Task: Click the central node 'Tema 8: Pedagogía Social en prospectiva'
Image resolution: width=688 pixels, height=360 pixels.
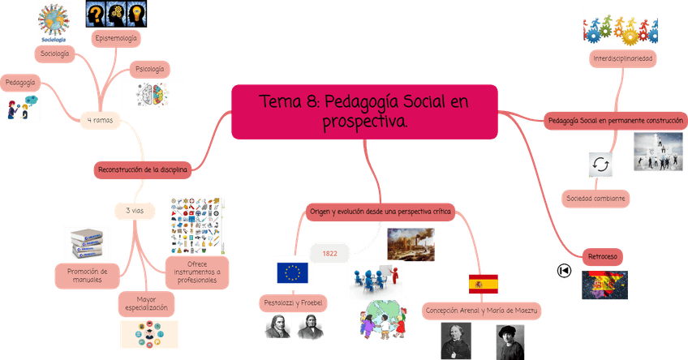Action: (364, 112)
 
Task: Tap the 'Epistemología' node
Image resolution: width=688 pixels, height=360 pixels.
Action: (116, 37)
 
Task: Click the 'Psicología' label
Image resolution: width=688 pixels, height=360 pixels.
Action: (149, 70)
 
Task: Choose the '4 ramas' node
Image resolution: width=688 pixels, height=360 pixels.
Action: (100, 120)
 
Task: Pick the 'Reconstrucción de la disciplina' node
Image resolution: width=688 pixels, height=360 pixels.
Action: (143, 169)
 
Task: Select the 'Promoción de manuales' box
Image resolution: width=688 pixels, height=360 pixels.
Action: (87, 275)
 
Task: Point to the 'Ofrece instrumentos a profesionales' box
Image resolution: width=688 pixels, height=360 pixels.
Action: (196, 270)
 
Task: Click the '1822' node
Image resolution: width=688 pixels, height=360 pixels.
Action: (329, 253)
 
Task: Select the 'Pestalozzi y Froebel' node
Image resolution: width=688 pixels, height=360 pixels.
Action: (294, 302)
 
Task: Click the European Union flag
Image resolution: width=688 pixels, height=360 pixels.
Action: (293, 273)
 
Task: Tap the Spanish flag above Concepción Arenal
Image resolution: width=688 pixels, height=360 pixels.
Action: (483, 284)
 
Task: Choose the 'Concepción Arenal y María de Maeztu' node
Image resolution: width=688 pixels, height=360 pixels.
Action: (482, 311)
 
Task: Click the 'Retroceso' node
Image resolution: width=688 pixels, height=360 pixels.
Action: (601, 256)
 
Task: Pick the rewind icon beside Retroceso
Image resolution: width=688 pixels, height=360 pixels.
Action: (563, 272)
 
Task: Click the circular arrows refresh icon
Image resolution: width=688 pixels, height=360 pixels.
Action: (601, 165)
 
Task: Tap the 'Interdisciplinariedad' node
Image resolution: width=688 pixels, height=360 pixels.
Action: (623, 59)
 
